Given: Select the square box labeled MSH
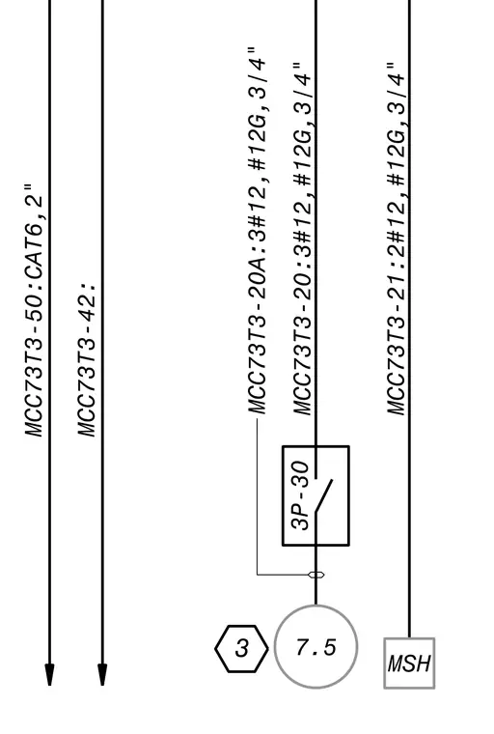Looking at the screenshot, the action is [385, 663].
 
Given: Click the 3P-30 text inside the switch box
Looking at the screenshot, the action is [300, 495].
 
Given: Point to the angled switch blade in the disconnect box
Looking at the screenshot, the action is [324, 496].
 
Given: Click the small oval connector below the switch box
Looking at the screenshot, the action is [316, 575].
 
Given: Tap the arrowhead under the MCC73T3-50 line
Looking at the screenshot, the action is [49, 674].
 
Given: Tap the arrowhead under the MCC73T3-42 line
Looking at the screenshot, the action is [102, 674].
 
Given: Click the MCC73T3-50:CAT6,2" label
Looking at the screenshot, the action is [33, 310].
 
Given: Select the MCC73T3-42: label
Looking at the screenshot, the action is [87, 359].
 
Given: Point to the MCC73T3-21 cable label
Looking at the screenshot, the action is [397, 239].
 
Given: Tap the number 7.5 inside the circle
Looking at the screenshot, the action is [316, 647].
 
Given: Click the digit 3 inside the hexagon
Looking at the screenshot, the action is [242, 648].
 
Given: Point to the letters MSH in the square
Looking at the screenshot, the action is [409, 663].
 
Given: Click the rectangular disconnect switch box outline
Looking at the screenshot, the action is [283, 495].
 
